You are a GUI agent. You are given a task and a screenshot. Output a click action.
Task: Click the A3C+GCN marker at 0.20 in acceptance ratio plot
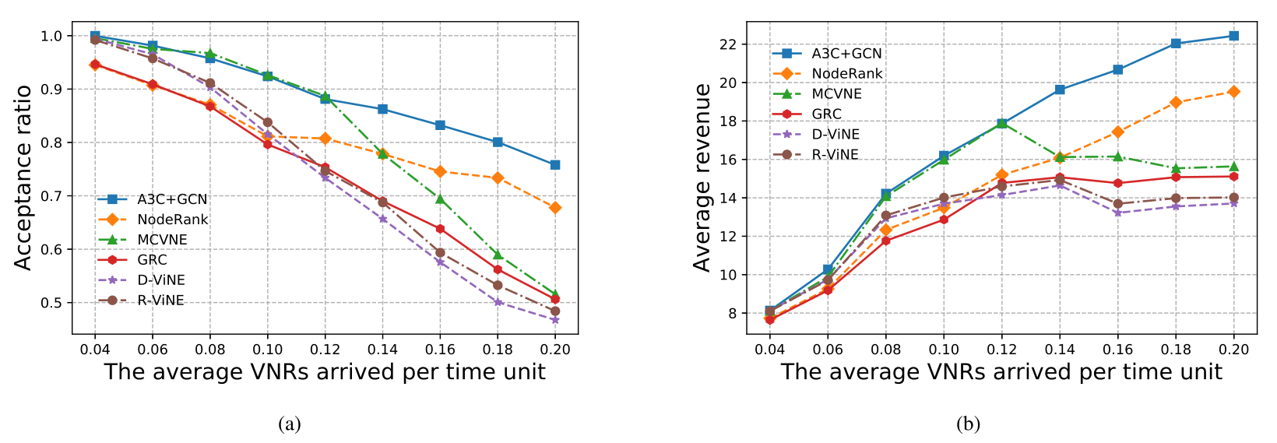tap(554, 165)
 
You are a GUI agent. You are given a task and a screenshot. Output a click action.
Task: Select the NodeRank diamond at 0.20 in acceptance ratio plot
tap(554, 208)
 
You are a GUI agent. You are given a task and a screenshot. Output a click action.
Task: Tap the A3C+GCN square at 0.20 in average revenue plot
tap(1233, 36)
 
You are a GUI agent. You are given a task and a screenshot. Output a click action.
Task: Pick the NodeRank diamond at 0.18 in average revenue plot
tap(1176, 103)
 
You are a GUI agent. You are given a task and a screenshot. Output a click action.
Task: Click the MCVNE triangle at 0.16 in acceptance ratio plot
tap(440, 199)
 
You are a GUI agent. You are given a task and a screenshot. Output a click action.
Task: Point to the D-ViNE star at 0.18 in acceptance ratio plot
tap(497, 302)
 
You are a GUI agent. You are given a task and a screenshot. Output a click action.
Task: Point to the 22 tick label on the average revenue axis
tap(727, 44)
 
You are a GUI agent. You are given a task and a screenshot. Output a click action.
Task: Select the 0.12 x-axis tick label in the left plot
tap(325, 350)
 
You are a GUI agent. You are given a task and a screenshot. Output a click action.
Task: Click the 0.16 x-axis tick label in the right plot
tap(1117, 350)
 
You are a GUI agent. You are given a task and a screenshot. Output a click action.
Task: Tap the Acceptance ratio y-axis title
tap(23, 178)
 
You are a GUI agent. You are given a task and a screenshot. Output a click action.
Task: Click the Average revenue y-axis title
tap(702, 178)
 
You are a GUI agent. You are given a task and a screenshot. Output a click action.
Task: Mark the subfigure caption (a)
tap(289, 424)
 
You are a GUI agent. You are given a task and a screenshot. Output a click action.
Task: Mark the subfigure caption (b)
tap(968, 424)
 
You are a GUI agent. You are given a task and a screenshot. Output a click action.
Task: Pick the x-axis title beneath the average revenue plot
tap(1001, 372)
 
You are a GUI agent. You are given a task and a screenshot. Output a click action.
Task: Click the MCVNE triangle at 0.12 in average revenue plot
tap(1002, 122)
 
